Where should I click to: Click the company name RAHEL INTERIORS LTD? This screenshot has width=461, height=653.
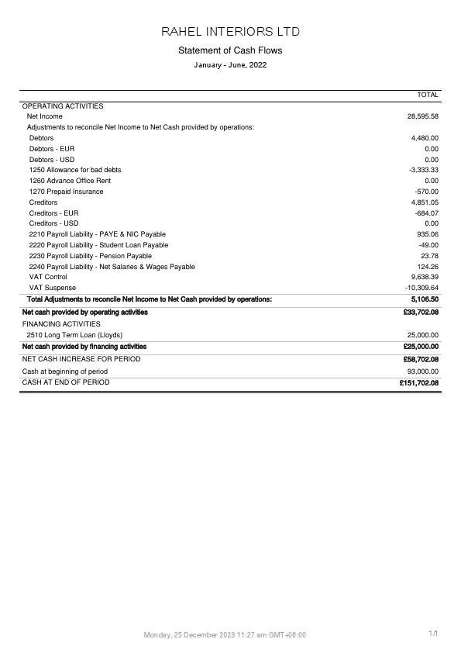[230, 32]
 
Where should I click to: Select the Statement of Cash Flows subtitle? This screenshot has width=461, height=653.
[230, 50]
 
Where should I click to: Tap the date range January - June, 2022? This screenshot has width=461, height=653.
[230, 65]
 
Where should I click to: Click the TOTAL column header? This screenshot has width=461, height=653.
[428, 95]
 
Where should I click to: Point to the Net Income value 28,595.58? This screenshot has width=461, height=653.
[423, 116]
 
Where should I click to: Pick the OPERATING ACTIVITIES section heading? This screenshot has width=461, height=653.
[63, 106]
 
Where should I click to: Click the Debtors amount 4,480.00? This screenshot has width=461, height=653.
[425, 138]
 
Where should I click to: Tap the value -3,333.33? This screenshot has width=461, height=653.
[424, 170]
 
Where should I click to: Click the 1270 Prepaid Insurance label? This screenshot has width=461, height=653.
[66, 192]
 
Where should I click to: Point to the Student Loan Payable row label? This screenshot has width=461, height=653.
[98, 245]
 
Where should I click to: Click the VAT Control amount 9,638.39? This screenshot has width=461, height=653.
[425, 277]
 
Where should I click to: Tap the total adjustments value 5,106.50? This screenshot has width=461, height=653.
[425, 299]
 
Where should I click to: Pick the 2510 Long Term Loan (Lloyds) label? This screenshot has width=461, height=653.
[75, 335]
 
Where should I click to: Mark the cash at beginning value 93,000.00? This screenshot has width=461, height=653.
[422, 371]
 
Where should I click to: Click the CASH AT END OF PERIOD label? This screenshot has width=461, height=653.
[66, 382]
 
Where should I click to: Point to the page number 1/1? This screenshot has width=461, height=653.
[433, 634]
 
